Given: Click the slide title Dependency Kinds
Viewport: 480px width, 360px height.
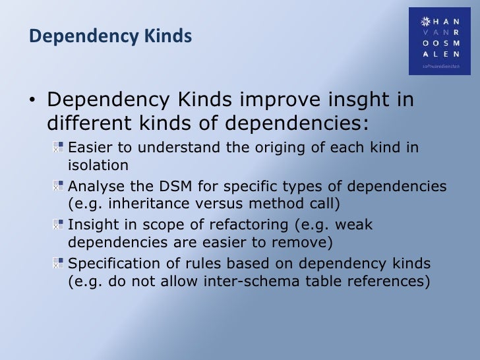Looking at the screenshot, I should pos(110,37).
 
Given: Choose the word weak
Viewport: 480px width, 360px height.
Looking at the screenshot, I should pos(355,225).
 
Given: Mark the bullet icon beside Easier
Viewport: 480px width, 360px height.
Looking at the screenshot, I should pos(59,147).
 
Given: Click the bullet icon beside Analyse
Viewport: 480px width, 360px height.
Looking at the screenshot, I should pos(59,187).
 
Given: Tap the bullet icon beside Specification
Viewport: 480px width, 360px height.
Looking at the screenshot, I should pos(59,264).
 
